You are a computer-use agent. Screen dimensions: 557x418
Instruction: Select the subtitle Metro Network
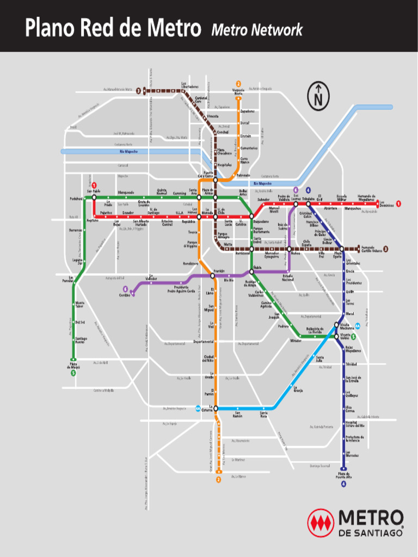tap(257, 30)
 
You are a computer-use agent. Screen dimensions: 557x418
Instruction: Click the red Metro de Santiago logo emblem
tap(321, 522)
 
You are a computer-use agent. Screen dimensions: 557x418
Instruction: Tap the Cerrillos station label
tap(125, 295)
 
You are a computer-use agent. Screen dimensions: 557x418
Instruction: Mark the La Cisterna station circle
tap(216, 408)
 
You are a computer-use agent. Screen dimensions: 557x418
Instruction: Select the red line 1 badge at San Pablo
tap(94, 185)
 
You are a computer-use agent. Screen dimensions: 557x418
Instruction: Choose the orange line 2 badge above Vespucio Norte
tap(238, 83)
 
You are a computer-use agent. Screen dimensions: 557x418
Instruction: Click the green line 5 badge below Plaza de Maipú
tap(73, 373)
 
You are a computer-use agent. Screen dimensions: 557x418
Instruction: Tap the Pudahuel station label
tap(76, 199)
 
